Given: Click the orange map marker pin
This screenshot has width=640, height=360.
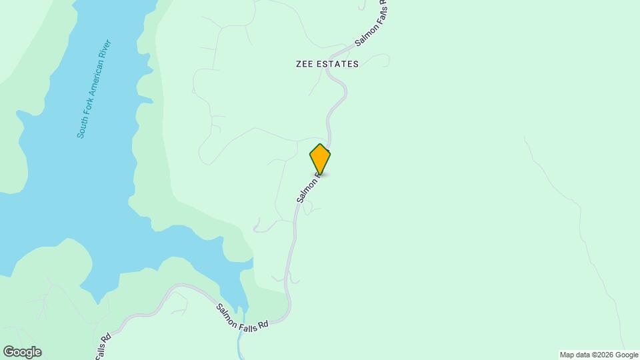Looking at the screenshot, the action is coord(320,159).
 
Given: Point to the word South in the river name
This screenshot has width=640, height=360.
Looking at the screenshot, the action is coord(83,127).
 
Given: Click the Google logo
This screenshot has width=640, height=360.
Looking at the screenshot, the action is coord(22,352).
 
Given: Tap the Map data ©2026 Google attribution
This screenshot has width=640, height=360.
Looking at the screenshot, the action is coord(599,355).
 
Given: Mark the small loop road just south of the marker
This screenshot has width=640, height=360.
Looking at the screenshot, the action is coord(307,209).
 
